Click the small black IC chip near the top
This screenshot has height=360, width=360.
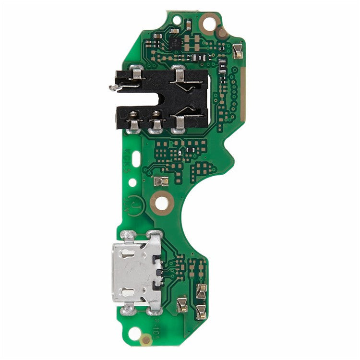click(176, 43)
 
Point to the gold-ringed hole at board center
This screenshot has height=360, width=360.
click(161, 203)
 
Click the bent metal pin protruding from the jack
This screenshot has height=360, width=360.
click(114, 87)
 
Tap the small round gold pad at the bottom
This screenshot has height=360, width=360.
click(145, 340)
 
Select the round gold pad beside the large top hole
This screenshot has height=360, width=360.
click(222, 34)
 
